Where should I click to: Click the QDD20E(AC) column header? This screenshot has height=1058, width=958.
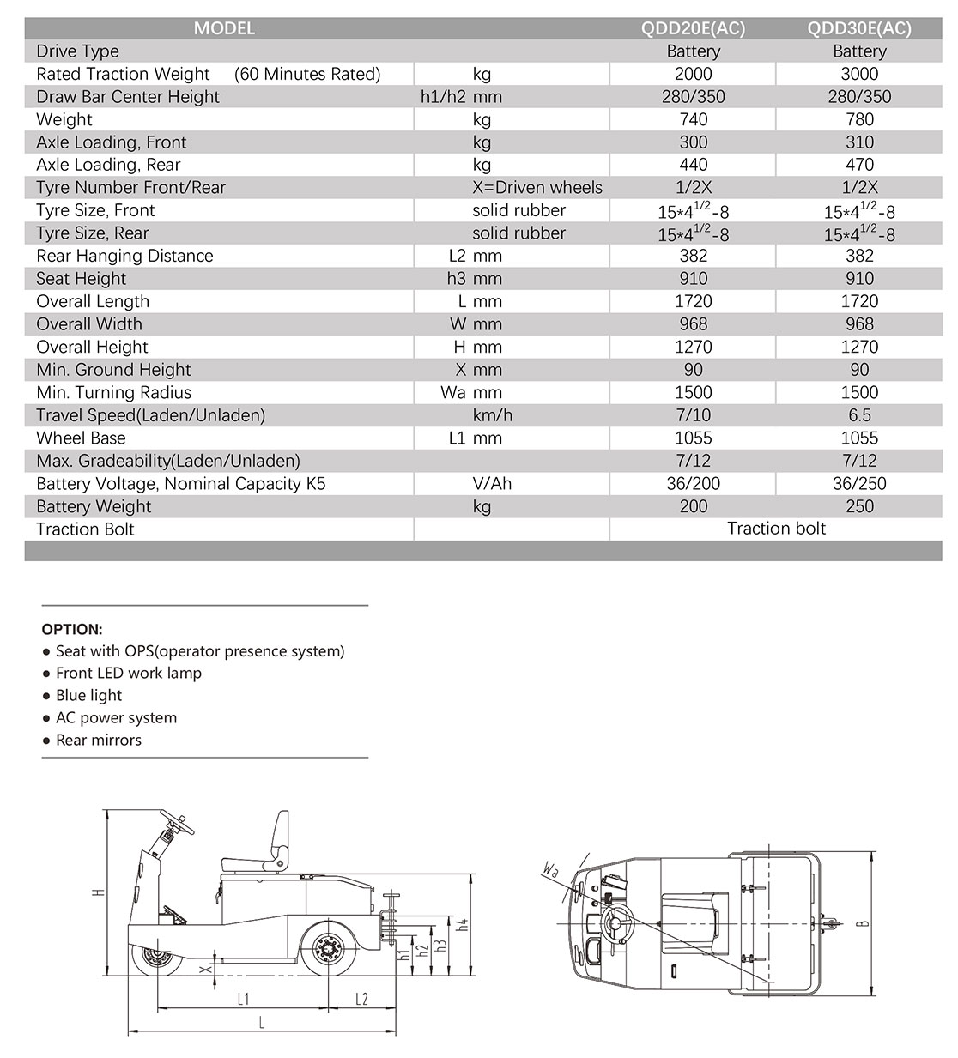tap(694, 28)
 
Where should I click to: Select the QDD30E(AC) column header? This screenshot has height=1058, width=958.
tap(859, 28)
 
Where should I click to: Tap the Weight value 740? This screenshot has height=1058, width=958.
tap(694, 119)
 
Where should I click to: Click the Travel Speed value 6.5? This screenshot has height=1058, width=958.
tap(859, 415)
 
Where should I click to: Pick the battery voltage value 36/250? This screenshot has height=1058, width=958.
tap(859, 483)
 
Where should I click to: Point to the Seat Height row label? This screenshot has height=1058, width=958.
tap(82, 279)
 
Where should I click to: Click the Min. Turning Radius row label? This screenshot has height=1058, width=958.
tap(114, 392)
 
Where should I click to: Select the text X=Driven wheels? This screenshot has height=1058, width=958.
tap(537, 188)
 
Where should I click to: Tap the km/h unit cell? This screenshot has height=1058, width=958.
tap(492, 415)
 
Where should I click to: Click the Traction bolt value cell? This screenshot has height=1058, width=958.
tap(776, 529)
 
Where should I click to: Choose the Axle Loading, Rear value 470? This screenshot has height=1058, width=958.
tap(859, 165)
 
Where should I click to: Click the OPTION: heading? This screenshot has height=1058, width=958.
tap(72, 629)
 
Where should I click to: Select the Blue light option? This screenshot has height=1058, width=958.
tap(88, 696)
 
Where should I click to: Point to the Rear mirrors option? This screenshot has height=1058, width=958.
tap(98, 741)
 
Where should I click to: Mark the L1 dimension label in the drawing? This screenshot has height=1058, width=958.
tap(243, 999)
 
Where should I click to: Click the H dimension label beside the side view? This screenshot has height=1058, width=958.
tap(99, 892)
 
